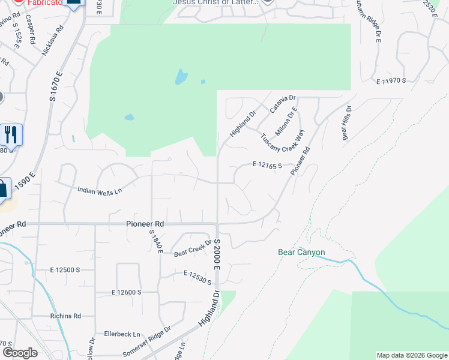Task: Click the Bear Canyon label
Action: [301, 253]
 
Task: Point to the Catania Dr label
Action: [283, 104]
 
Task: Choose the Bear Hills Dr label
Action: [346, 124]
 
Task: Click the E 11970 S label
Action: [391, 80]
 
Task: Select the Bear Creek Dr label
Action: [193, 248]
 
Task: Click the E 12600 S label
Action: [125, 292]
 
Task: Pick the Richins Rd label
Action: [66, 316]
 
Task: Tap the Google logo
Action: [20, 353]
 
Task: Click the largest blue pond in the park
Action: [181, 77]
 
